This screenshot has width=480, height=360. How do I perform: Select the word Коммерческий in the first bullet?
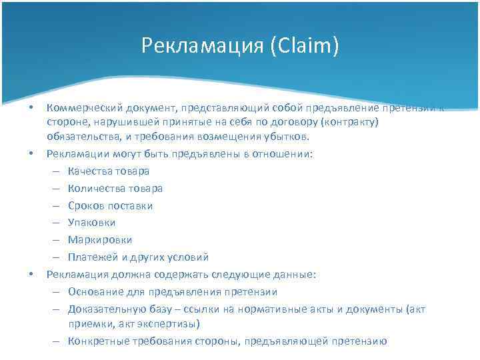(x=78, y=107)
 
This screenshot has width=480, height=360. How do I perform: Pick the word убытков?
(x=287, y=137)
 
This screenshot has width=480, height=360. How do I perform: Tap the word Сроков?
(x=86, y=206)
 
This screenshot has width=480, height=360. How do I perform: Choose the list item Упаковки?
(x=91, y=223)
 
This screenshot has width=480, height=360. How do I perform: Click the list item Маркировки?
(x=99, y=240)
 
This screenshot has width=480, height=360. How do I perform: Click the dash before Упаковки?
(x=53, y=223)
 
